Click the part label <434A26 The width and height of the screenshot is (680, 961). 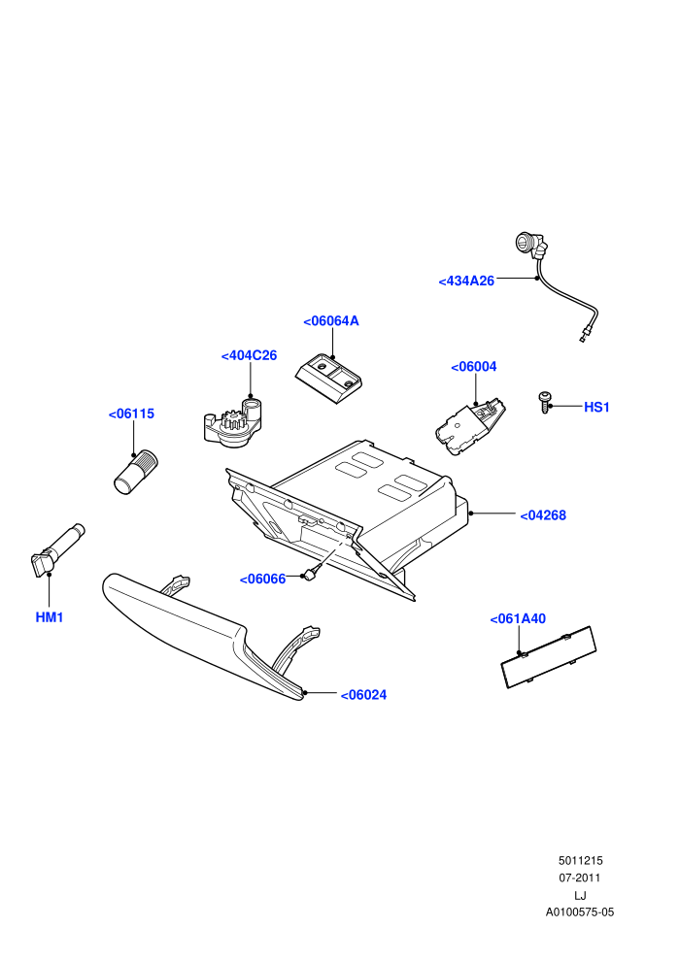pyautogui.click(x=466, y=282)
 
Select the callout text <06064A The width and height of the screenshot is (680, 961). pyautogui.click(x=331, y=321)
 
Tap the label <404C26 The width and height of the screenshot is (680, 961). pyautogui.click(x=249, y=355)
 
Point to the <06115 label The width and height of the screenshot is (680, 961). pyautogui.click(x=131, y=414)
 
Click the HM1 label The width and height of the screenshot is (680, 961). pyautogui.click(x=50, y=617)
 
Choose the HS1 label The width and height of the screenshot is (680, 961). pyautogui.click(x=596, y=407)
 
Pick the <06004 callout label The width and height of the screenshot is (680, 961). pyautogui.click(x=474, y=367)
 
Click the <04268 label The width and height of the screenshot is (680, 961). pyautogui.click(x=543, y=515)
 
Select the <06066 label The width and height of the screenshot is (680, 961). pyautogui.click(x=262, y=580)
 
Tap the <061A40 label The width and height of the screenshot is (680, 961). pyautogui.click(x=518, y=619)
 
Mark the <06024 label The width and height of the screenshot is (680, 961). pyautogui.click(x=363, y=695)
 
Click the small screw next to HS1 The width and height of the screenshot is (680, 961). pyautogui.click(x=545, y=402)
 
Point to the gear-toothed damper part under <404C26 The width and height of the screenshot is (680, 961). pyautogui.click(x=232, y=422)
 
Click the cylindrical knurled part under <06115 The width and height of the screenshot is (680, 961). pyautogui.click(x=135, y=472)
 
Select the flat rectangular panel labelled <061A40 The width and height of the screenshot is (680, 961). pyautogui.click(x=549, y=656)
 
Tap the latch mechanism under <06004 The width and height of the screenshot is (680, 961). pyautogui.click(x=470, y=427)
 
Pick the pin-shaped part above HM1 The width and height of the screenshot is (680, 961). pyautogui.click(x=57, y=549)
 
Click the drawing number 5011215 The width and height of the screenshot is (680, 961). pyautogui.click(x=580, y=860)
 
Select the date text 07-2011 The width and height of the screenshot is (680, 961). pyautogui.click(x=580, y=878)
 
